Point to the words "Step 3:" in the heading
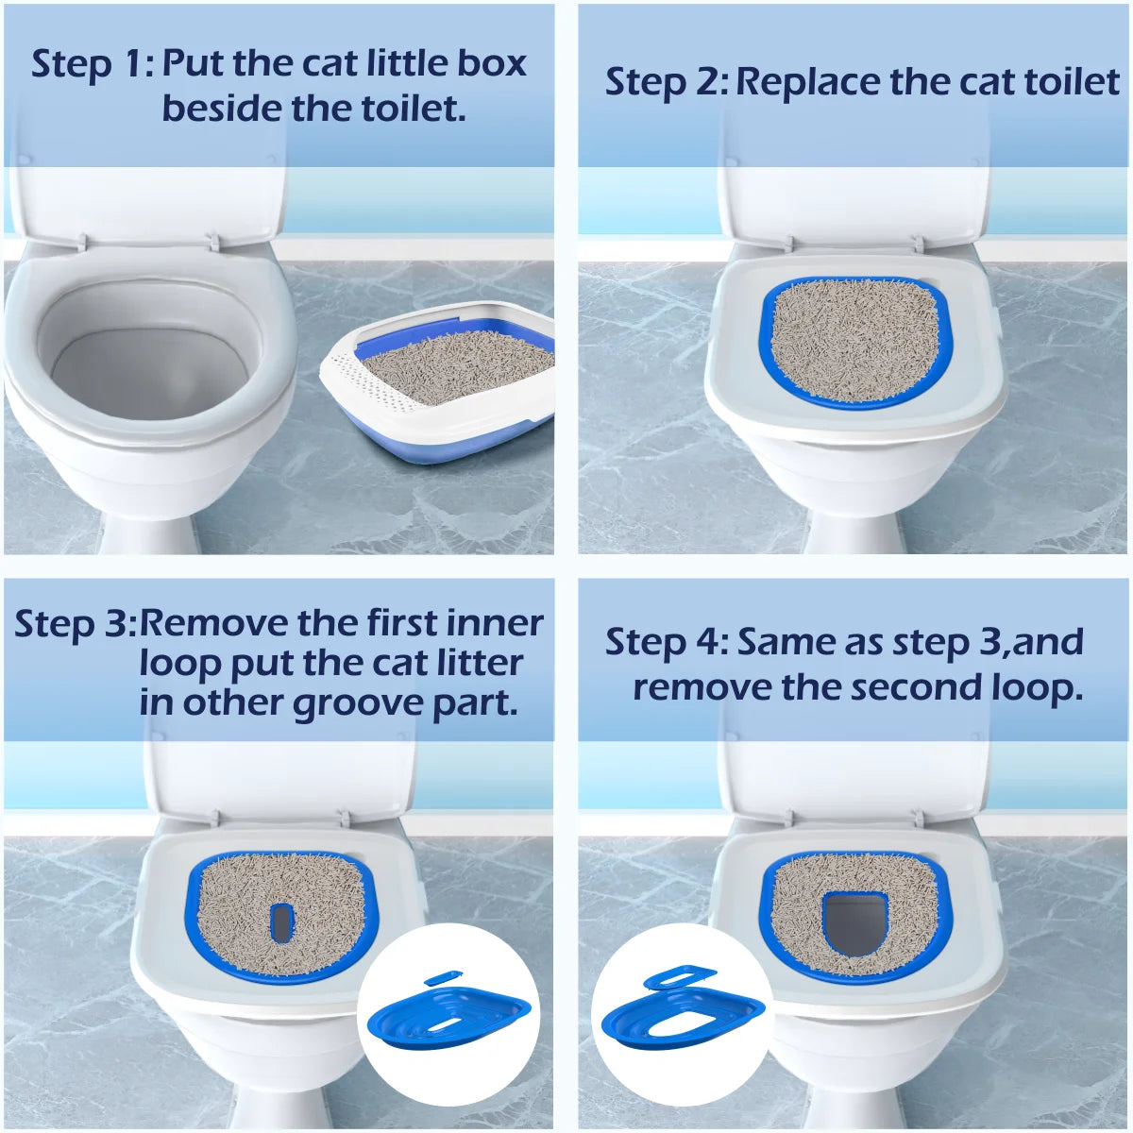76,624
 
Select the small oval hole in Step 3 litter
281,922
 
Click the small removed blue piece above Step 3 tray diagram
437,979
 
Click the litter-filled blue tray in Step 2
855,340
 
